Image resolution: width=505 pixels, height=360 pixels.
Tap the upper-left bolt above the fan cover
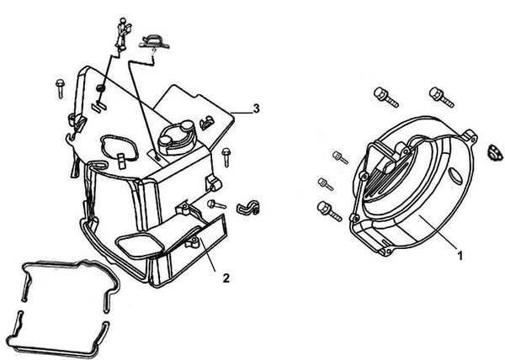click(383, 95)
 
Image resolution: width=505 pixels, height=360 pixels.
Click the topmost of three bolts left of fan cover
click(338, 156)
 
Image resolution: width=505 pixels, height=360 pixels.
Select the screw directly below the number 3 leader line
click(227, 156)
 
